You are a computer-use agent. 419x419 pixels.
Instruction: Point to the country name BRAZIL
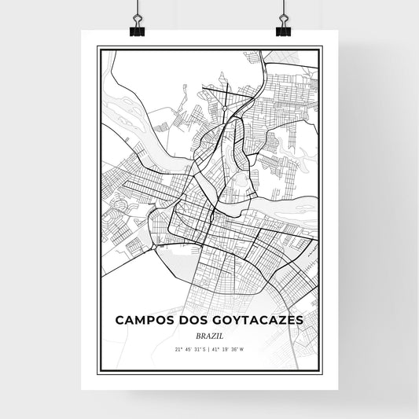209,334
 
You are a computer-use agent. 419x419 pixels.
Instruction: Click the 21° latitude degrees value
178,348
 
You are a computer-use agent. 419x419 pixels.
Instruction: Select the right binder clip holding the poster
283,25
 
